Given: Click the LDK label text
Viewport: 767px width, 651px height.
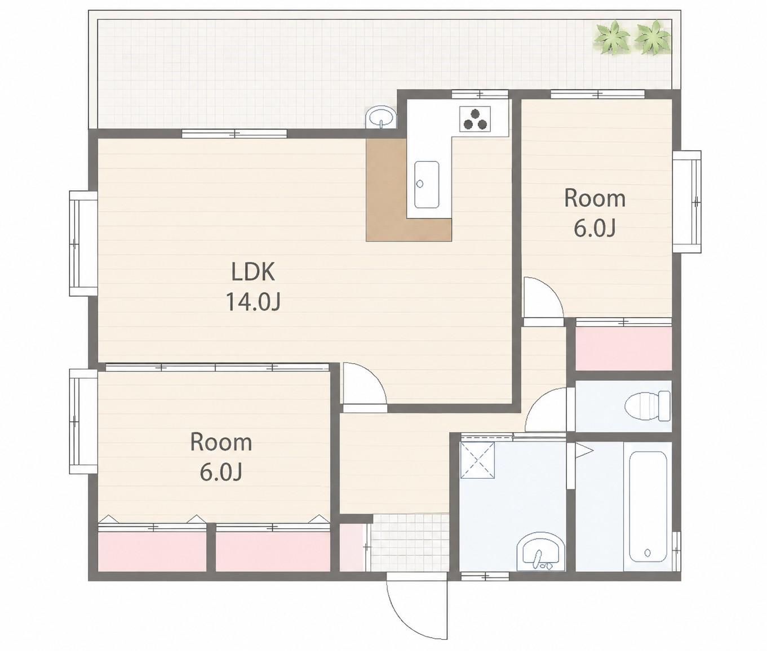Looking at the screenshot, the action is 253,272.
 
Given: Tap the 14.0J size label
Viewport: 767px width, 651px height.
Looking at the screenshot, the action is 253,303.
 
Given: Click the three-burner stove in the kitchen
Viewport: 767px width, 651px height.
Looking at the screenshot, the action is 475,119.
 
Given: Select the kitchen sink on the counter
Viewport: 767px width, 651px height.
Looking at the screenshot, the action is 427,185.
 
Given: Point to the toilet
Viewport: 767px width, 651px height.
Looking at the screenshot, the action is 648,405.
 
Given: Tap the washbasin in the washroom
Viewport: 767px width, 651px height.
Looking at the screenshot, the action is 540,553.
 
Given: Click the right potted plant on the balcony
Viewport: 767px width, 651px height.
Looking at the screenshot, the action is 651,38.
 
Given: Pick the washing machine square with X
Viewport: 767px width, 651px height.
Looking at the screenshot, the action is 477,460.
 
